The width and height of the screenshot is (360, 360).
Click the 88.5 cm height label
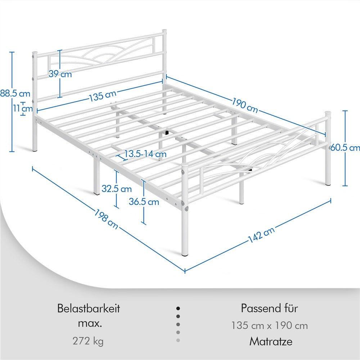point(15,94)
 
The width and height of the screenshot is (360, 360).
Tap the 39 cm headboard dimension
point(60,75)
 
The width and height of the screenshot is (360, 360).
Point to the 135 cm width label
point(103,96)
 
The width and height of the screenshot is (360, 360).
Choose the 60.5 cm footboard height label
point(345,148)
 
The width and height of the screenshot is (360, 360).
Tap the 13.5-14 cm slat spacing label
point(145,154)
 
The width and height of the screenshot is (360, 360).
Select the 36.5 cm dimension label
point(144,202)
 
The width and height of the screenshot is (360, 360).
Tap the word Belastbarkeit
point(89,309)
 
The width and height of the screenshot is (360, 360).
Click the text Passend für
point(269,309)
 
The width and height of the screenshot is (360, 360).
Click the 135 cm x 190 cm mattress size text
point(269,325)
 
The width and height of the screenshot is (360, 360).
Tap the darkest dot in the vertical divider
point(178,309)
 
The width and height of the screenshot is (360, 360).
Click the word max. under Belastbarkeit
point(90,324)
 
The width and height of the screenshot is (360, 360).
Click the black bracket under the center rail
point(167,132)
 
